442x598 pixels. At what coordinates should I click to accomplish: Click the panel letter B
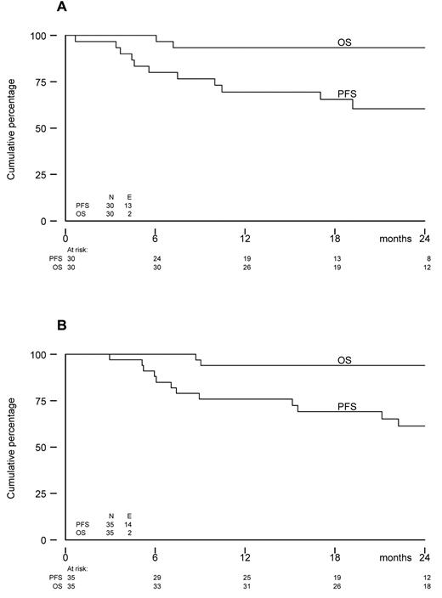(62, 325)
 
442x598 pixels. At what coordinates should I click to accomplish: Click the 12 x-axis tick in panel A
(245, 238)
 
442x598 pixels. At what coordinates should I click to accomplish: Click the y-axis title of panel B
(13, 448)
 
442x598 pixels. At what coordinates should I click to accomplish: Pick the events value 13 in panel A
(128, 206)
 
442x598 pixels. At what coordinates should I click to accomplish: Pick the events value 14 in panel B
(128, 524)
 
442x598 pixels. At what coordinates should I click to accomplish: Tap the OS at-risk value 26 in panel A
(245, 267)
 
